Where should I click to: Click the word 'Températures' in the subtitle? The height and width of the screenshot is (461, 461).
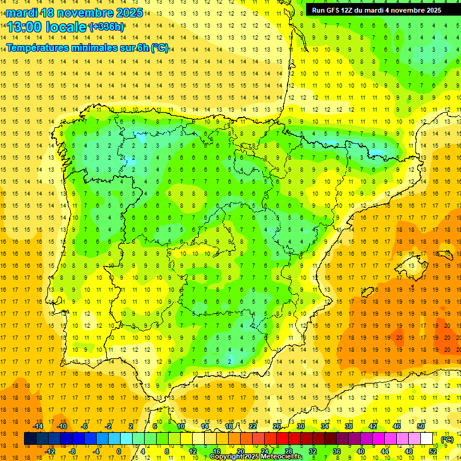point(41,48)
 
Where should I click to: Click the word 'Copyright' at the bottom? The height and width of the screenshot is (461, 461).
point(226,457)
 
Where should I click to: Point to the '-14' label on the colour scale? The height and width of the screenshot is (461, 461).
point(38,426)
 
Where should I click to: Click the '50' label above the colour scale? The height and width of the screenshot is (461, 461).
point(420,426)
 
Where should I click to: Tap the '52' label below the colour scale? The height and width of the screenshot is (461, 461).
point(433,451)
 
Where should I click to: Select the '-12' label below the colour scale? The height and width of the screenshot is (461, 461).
point(50,451)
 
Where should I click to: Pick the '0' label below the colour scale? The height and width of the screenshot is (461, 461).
point(119,451)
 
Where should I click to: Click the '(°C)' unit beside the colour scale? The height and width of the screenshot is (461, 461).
point(448,439)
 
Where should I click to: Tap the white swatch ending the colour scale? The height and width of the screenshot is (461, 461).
point(426,439)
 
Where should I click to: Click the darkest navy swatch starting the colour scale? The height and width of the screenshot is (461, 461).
point(30,439)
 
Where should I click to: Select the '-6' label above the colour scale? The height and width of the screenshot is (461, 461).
point(85,426)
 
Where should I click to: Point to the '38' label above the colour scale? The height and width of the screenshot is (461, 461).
point(349,426)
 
